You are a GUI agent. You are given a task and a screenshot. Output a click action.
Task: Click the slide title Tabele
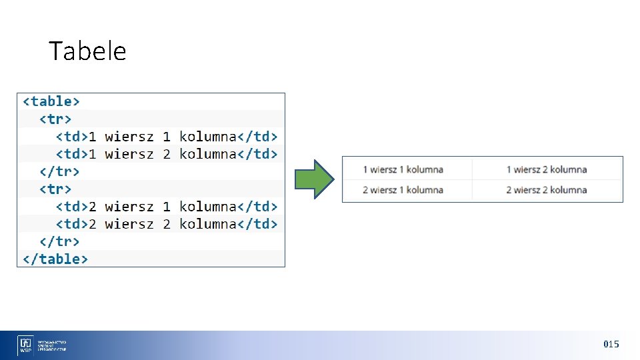point(87,51)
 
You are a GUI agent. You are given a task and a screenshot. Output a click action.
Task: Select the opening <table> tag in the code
point(51,101)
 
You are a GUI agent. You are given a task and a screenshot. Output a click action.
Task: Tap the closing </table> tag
point(55,259)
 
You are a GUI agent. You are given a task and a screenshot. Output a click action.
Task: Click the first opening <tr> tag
point(55,119)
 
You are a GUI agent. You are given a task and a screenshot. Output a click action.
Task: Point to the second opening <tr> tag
point(55,189)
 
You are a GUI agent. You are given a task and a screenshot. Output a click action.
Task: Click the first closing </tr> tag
point(59,171)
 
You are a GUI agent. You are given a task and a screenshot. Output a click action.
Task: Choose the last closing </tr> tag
point(59,241)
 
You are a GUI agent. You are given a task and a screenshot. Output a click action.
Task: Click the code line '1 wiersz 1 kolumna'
point(166,137)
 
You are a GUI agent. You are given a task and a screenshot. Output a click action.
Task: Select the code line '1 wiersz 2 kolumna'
point(166,154)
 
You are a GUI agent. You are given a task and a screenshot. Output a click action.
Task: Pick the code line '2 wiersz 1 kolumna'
point(166,207)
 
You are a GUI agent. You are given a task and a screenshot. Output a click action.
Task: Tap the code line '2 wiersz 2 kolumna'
point(166,224)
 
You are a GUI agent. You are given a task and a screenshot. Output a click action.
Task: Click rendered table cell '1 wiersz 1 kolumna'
point(403,169)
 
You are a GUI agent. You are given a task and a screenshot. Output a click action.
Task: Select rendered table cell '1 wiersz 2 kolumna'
point(546,169)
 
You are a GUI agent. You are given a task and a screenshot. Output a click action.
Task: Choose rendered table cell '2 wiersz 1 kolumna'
point(403,190)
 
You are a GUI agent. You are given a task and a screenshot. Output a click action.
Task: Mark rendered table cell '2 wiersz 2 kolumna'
point(546,190)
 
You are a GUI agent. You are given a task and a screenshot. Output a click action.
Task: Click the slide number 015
point(611,344)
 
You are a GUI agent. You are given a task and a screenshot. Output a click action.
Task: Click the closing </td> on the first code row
point(257,137)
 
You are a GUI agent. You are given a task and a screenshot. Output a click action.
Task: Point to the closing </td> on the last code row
point(257,224)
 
